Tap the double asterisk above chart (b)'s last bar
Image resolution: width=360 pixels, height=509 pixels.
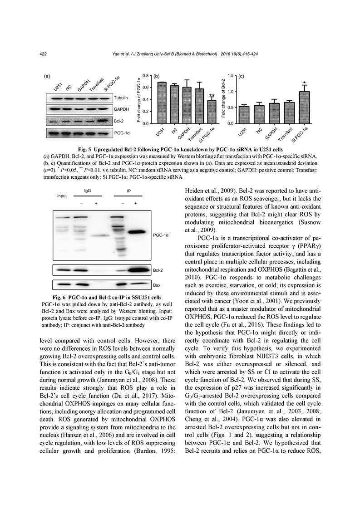pyautogui.click(x=212, y=96)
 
